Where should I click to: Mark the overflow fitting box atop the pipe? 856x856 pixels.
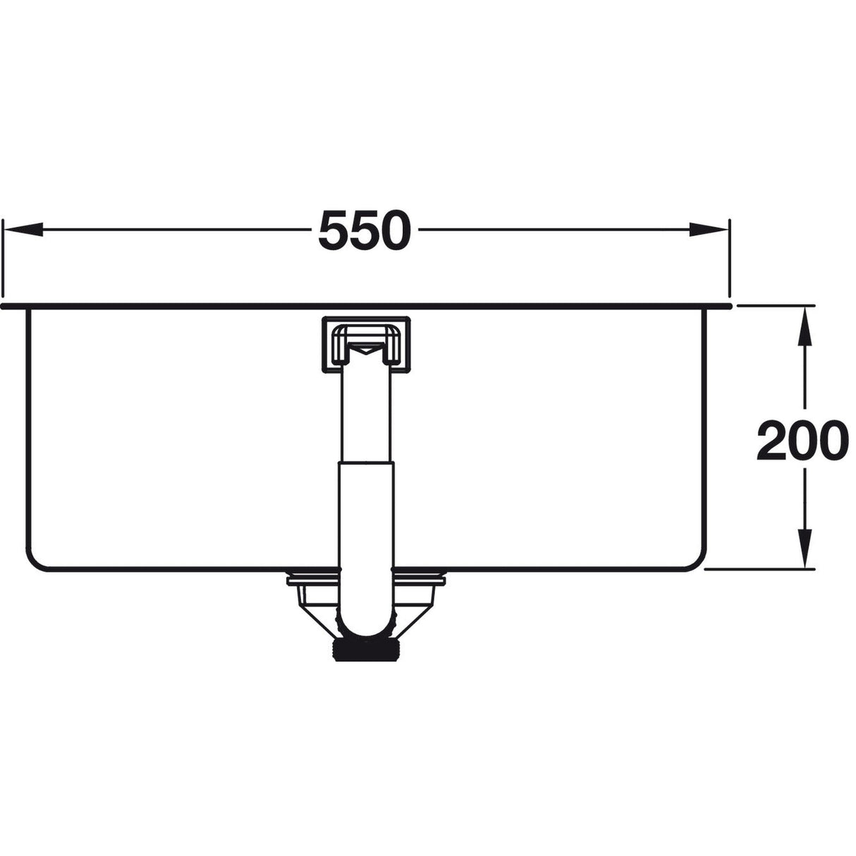click(x=365, y=344)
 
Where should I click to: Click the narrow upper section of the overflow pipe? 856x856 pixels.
click(x=365, y=416)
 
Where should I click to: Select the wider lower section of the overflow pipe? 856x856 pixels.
click(x=365, y=515)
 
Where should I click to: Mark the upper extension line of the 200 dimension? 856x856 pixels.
click(x=776, y=305)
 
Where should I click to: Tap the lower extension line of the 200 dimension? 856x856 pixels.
click(x=762, y=568)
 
